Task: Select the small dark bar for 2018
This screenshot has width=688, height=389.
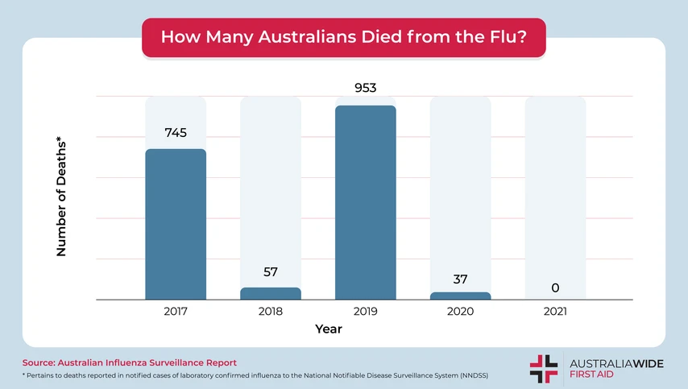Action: point(271,294)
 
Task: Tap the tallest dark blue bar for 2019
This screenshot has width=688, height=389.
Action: point(366,202)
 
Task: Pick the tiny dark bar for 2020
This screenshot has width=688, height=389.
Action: point(461,296)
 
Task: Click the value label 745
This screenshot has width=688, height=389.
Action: point(176,133)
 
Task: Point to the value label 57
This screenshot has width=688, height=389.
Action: point(271,271)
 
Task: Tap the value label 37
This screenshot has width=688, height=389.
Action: point(461,279)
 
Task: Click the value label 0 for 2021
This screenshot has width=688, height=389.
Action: point(556,288)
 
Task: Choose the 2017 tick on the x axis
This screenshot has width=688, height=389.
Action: point(176,311)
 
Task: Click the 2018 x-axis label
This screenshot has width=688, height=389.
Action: point(271,311)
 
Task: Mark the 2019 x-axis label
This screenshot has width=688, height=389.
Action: point(366,311)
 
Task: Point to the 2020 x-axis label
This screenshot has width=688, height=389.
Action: point(461,311)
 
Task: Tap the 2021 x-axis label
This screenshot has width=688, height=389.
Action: point(556,311)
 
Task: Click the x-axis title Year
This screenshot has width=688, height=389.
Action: point(329,329)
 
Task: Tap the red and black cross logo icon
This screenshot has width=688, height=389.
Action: point(543,368)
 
